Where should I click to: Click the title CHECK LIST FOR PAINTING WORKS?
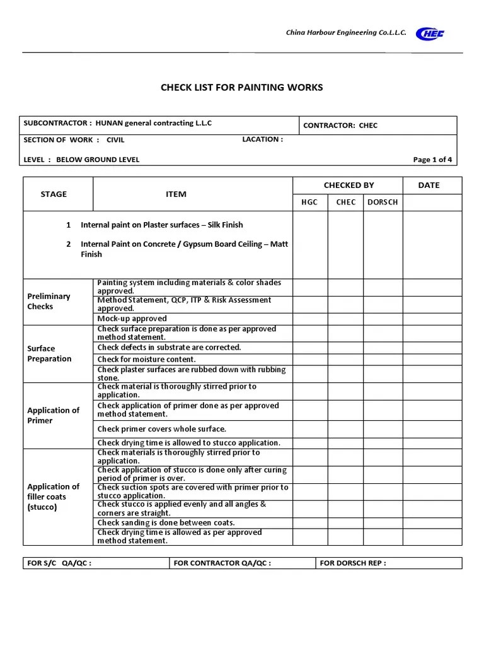(x=242, y=87)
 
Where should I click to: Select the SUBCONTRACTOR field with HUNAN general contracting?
(x=118, y=123)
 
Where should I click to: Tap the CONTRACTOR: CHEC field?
(x=340, y=126)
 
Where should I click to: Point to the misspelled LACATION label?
(x=262, y=139)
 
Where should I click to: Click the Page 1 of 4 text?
(x=432, y=160)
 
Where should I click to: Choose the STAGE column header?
(x=54, y=194)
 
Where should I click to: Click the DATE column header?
(x=429, y=185)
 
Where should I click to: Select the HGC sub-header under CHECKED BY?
(x=309, y=202)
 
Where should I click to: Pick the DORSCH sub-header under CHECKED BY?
(x=383, y=202)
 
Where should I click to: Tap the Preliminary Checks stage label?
(x=49, y=302)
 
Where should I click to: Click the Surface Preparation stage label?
(x=49, y=353)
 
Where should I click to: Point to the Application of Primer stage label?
(x=53, y=415)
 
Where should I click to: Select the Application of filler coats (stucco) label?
(x=53, y=496)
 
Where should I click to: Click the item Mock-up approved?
(x=132, y=319)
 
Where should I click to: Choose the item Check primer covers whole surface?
(x=161, y=429)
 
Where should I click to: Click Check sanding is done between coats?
(x=166, y=522)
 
